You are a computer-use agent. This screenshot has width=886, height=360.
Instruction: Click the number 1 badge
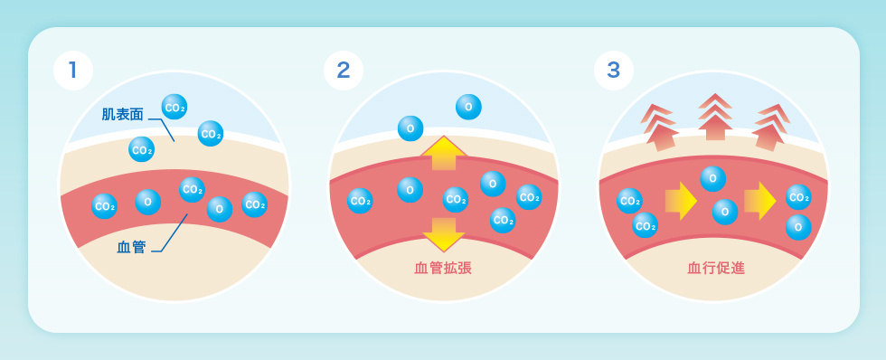point(73,71)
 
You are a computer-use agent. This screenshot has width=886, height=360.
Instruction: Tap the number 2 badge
point(344,71)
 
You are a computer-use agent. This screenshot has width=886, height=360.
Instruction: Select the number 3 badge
point(614,71)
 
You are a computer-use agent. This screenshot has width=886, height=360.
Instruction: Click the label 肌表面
point(122,115)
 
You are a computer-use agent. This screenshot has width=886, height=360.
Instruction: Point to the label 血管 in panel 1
point(131,246)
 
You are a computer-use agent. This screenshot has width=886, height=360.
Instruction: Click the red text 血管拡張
point(443,268)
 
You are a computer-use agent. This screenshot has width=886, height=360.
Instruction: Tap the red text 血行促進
point(716,268)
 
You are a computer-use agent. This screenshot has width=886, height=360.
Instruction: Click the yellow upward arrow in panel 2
point(444,151)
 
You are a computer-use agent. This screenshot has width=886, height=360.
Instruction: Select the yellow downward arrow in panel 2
point(444,233)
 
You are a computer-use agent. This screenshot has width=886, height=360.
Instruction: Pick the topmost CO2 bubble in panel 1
point(174,107)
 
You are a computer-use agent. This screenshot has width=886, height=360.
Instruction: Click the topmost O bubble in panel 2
point(468,107)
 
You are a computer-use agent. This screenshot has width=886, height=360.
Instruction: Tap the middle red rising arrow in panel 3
point(715,116)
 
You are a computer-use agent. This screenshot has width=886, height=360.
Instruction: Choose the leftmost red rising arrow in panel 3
point(660,127)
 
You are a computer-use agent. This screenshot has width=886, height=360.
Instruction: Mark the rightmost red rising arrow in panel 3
point(771,127)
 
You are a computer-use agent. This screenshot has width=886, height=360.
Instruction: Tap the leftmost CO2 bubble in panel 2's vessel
point(360,201)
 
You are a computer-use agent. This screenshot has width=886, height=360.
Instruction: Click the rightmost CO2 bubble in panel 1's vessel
point(254,204)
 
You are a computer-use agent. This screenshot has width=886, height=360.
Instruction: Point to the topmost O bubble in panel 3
point(713,178)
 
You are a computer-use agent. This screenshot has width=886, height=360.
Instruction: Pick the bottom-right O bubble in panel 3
point(798,226)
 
